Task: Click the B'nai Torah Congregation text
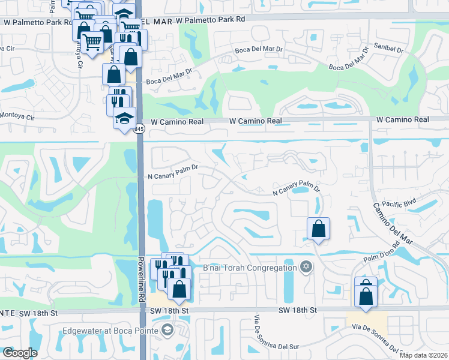point(249,268)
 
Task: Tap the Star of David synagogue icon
point(306,266)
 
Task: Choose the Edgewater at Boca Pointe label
point(110,331)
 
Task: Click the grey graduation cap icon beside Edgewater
point(167,330)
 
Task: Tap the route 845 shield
point(139,129)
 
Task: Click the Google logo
point(20,353)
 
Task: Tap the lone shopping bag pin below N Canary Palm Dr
point(318,229)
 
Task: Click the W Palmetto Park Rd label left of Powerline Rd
point(35,20)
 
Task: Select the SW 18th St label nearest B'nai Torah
point(298,310)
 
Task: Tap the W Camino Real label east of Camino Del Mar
point(403,120)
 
